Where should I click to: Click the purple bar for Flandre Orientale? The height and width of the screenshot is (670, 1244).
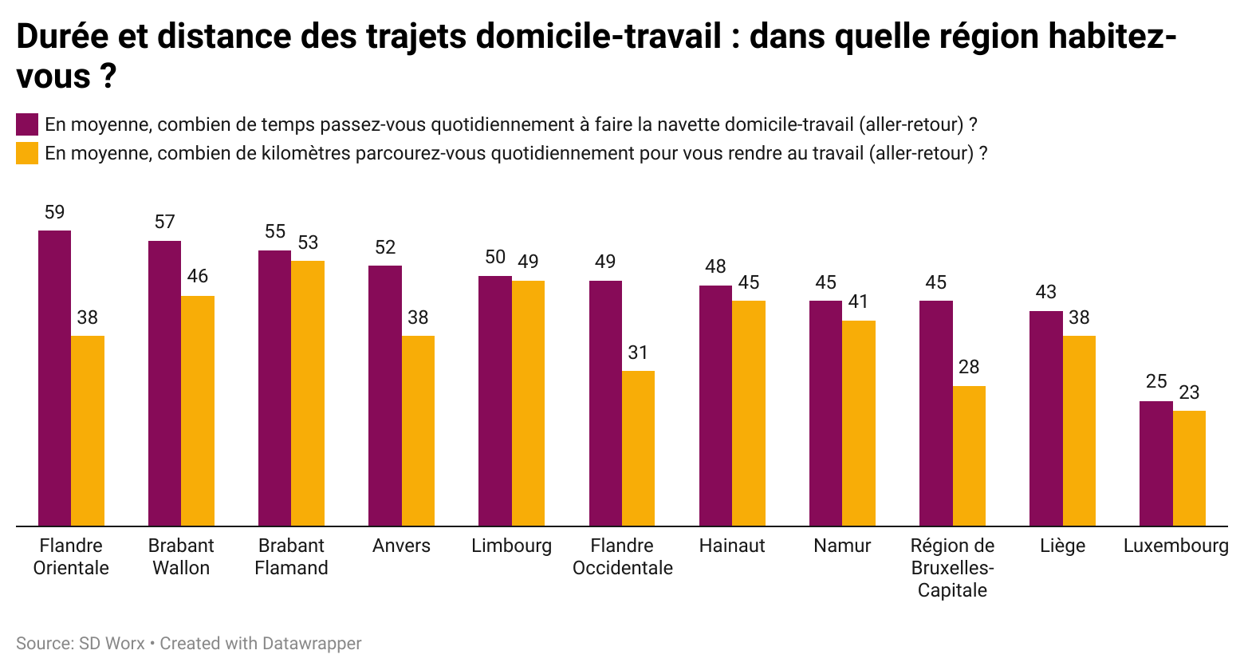(x=54, y=378)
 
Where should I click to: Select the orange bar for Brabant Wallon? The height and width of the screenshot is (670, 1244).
(x=198, y=411)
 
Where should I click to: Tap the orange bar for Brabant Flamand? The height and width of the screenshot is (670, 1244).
(x=308, y=393)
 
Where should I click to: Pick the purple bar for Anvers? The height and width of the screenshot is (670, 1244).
(x=385, y=396)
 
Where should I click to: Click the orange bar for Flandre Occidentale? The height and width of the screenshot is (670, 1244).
(x=638, y=448)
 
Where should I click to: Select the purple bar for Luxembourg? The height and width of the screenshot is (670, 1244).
(x=1155, y=463)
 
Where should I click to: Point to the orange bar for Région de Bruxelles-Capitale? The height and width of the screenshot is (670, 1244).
(x=969, y=456)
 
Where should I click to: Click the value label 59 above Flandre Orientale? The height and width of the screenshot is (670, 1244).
(x=54, y=212)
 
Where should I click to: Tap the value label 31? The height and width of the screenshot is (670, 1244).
(x=638, y=353)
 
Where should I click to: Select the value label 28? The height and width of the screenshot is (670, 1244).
(x=969, y=367)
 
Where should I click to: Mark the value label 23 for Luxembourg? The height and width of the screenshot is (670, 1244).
(x=1189, y=392)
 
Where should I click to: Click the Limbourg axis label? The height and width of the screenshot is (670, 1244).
(x=511, y=546)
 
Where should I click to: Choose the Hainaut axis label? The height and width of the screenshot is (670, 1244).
(x=732, y=546)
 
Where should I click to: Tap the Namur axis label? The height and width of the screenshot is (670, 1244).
(x=842, y=546)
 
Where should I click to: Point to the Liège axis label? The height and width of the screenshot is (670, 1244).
(x=1062, y=546)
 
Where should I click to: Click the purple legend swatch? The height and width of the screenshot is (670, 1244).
(x=27, y=124)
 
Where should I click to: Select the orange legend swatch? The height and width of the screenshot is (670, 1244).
(x=27, y=153)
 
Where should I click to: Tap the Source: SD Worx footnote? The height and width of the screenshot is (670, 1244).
(x=81, y=643)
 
